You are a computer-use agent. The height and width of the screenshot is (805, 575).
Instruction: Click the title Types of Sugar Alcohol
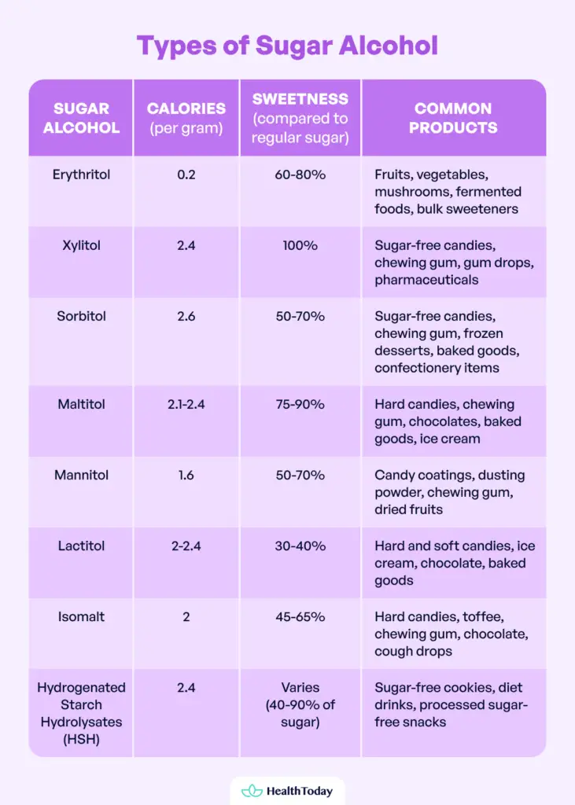[x=287, y=46]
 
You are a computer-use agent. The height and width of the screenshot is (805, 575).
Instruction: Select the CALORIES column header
[x=186, y=117]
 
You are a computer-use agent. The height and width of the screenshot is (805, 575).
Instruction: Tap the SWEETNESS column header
[x=300, y=118]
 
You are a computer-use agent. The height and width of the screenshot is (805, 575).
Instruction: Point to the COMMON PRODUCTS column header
[x=453, y=117]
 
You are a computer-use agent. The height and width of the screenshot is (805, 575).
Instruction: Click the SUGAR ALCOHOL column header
[x=81, y=117]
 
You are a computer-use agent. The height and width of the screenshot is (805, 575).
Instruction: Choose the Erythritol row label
[x=81, y=175]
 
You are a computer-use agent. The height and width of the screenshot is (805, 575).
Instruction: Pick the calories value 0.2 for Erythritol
[x=186, y=175]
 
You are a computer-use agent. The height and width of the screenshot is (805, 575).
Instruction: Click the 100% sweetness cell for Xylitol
[x=300, y=245]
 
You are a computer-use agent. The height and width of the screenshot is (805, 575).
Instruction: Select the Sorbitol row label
[x=81, y=316]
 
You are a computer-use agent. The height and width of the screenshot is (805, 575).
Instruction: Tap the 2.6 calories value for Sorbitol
[x=186, y=316]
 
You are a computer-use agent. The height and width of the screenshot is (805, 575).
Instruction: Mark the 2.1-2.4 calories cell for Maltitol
[x=186, y=404]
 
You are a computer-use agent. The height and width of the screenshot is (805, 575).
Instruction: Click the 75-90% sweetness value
[x=300, y=404]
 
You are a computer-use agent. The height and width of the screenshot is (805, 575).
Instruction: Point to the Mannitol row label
[x=81, y=475]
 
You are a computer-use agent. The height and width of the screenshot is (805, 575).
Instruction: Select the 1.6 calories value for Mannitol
[x=186, y=475]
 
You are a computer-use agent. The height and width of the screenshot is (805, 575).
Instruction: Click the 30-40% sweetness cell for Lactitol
[x=300, y=546]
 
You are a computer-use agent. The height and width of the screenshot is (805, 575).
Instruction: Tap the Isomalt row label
[x=81, y=616]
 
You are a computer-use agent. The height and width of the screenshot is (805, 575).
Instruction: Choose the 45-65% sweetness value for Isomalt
[x=300, y=616]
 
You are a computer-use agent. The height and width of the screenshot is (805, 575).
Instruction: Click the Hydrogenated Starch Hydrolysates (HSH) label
[x=81, y=713]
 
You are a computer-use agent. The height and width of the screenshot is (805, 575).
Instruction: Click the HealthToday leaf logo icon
[x=251, y=791]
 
